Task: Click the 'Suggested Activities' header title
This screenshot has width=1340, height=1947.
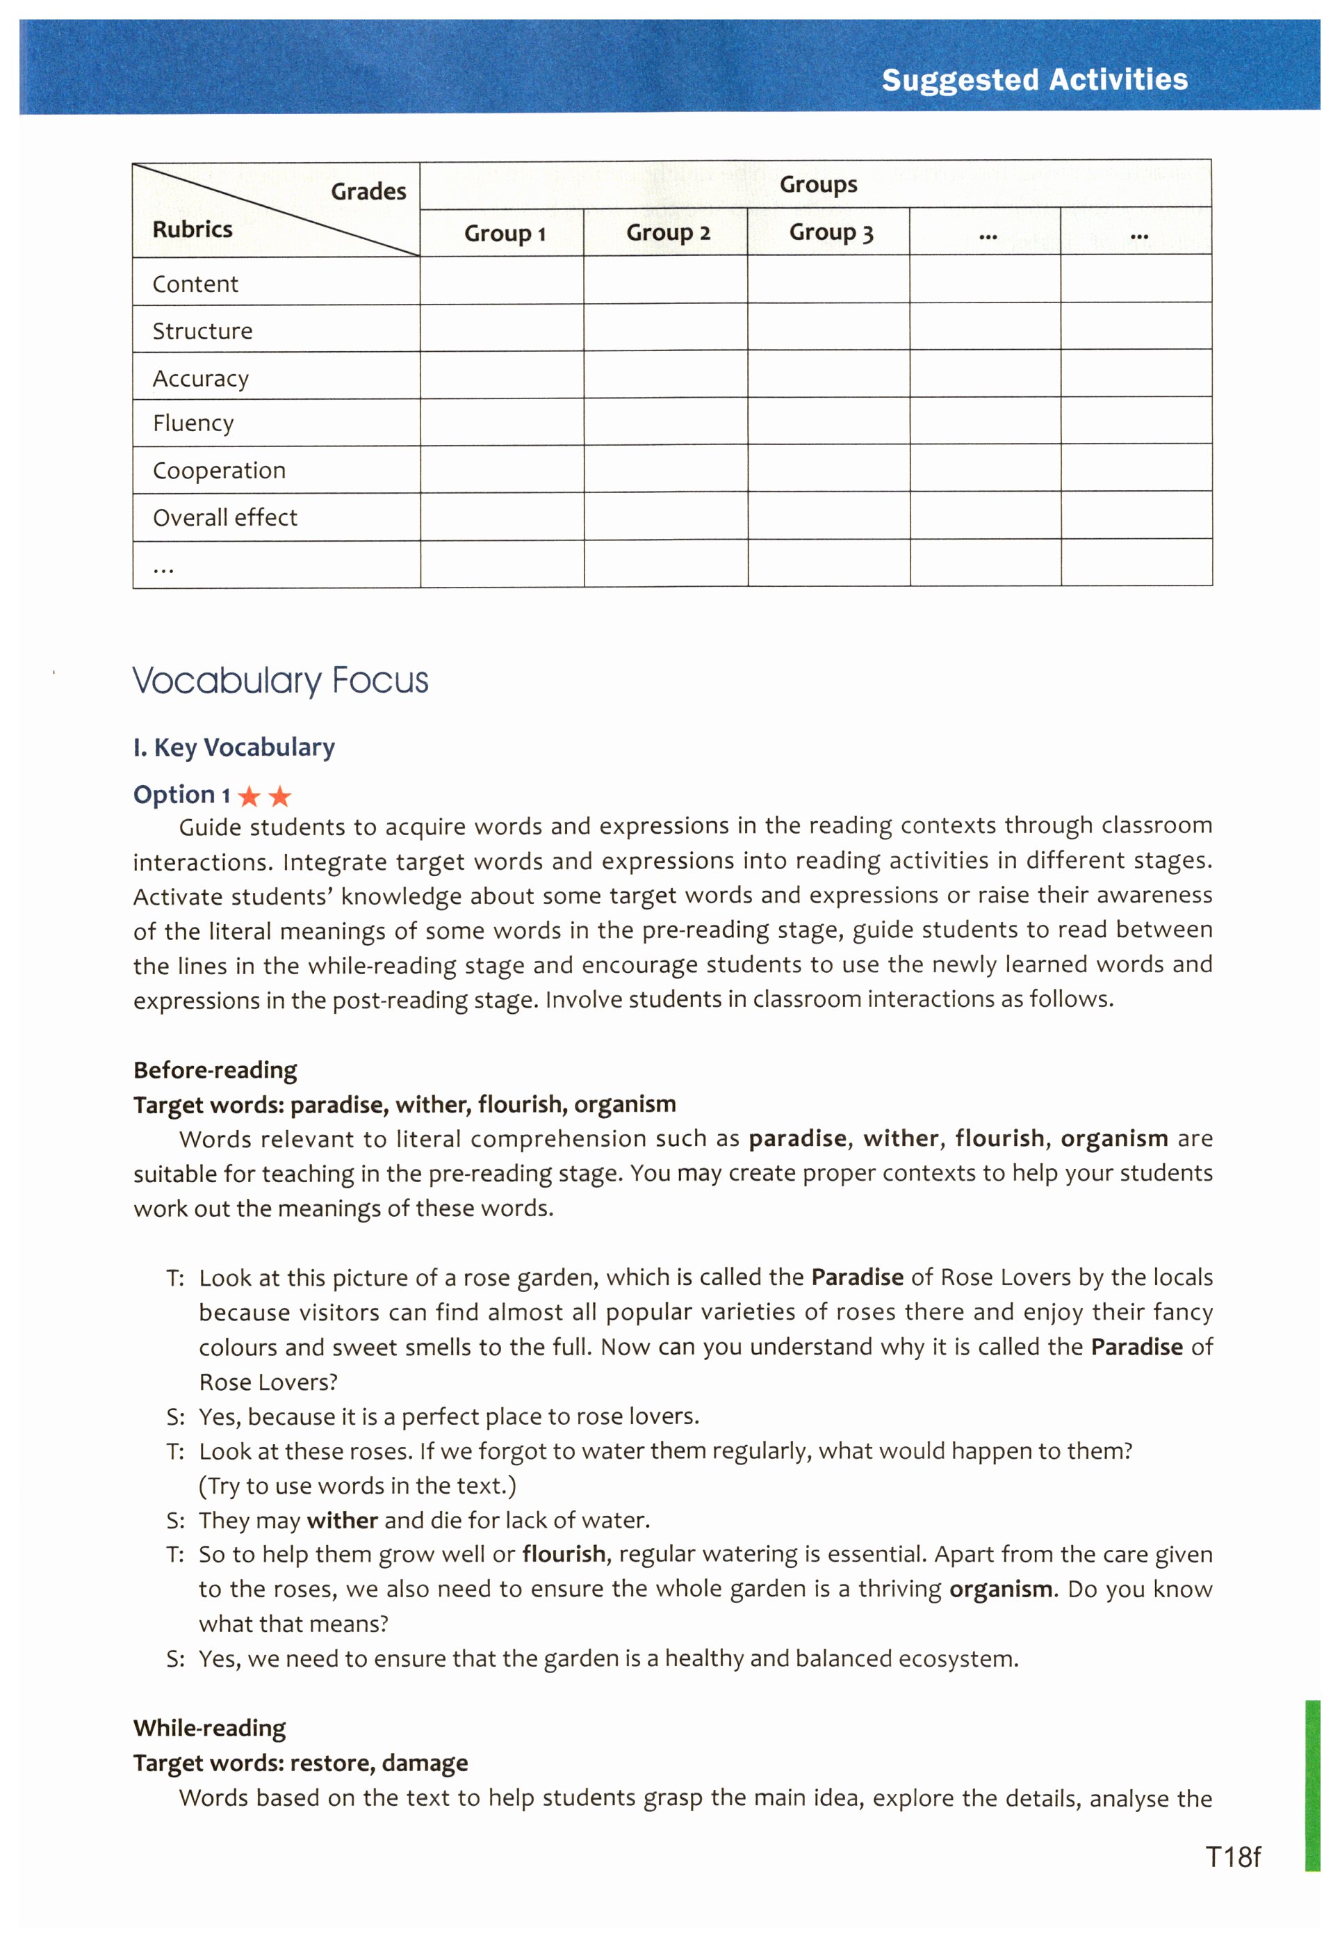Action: coord(1034,80)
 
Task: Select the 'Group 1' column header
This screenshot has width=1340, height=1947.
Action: coord(505,234)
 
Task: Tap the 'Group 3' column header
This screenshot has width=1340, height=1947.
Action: coord(831,233)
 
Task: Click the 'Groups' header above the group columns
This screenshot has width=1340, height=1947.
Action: coord(818,185)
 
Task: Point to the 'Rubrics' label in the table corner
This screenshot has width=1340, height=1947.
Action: coord(193,229)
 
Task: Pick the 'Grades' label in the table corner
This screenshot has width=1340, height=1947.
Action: coord(368,191)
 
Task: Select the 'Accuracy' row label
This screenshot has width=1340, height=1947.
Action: coord(201,379)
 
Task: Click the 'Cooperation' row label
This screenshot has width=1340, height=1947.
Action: coord(219,470)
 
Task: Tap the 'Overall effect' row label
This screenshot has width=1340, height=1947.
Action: coord(225,517)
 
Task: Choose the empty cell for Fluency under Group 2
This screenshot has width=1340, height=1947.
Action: coord(666,421)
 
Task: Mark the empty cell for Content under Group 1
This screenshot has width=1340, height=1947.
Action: coord(502,280)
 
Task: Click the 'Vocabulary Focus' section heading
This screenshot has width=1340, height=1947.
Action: coord(280,680)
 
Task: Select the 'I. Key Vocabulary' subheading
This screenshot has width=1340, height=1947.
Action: coord(234,747)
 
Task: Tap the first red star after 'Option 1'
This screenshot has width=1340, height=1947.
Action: coord(250,795)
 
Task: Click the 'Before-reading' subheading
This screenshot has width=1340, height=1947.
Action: coord(215,1070)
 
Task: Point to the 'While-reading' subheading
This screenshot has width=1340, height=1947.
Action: coord(210,1728)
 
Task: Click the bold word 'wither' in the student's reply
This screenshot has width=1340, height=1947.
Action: coord(343,1520)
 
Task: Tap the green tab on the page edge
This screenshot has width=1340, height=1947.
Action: coord(1312,1785)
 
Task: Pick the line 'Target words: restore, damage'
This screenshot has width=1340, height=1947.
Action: coord(300,1762)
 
